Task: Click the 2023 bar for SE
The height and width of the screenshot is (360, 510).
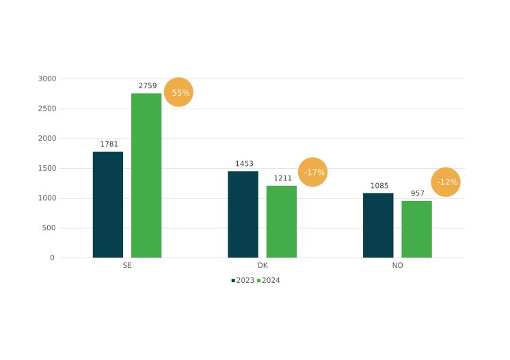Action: tap(108, 204)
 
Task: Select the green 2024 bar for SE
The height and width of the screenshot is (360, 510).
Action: tap(146, 175)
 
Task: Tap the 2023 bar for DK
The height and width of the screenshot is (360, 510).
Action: tap(243, 214)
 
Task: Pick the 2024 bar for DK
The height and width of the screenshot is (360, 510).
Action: tap(282, 221)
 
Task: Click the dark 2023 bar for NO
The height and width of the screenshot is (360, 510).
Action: tap(378, 225)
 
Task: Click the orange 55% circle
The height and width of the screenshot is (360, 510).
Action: tap(179, 92)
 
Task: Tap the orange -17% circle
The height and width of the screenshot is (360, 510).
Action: tap(313, 172)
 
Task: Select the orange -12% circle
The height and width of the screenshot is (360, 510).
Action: tap(446, 182)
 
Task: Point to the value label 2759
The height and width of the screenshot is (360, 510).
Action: tap(148, 86)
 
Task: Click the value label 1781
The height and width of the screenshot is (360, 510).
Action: tap(109, 144)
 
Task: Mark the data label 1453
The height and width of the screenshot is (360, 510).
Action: tap(244, 164)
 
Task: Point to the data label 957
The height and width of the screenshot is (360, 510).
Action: tap(418, 193)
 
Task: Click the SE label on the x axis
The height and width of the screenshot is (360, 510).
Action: tap(127, 266)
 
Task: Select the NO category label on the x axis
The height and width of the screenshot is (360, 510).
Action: tap(397, 266)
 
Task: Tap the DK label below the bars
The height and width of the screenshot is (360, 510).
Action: tap(263, 266)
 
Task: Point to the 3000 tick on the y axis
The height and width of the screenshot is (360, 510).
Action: tap(47, 79)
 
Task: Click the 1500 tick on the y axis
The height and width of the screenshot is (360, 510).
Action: tap(47, 168)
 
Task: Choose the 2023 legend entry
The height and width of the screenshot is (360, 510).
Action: tap(244, 281)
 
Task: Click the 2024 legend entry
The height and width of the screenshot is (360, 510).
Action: tap(270, 281)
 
